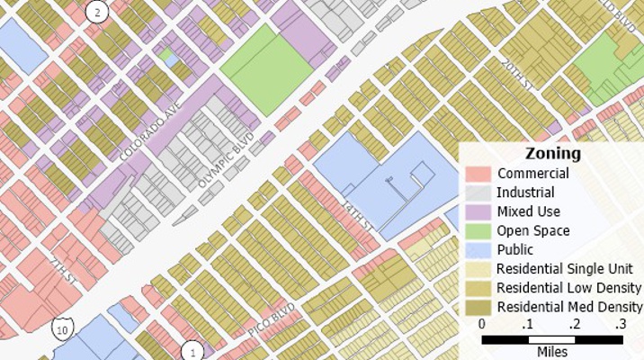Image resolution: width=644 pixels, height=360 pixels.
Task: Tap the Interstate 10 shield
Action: click(x=61, y=329)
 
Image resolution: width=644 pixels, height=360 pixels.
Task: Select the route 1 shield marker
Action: click(x=192, y=352)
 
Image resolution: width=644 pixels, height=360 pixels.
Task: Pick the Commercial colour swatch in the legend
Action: click(x=479, y=174)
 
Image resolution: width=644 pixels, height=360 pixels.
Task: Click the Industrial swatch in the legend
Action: click(x=479, y=193)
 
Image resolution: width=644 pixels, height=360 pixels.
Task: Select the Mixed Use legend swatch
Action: click(x=479, y=211)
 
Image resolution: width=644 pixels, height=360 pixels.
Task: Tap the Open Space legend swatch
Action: click(x=479, y=230)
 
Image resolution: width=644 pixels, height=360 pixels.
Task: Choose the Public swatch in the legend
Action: click(x=479, y=249)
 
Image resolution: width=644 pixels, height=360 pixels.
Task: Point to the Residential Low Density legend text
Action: click(x=568, y=288)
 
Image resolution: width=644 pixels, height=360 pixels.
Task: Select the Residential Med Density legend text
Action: click(x=569, y=307)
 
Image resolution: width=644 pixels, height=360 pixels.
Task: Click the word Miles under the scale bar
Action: click(x=551, y=352)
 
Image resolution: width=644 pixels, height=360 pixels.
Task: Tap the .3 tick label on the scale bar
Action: click(x=620, y=324)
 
